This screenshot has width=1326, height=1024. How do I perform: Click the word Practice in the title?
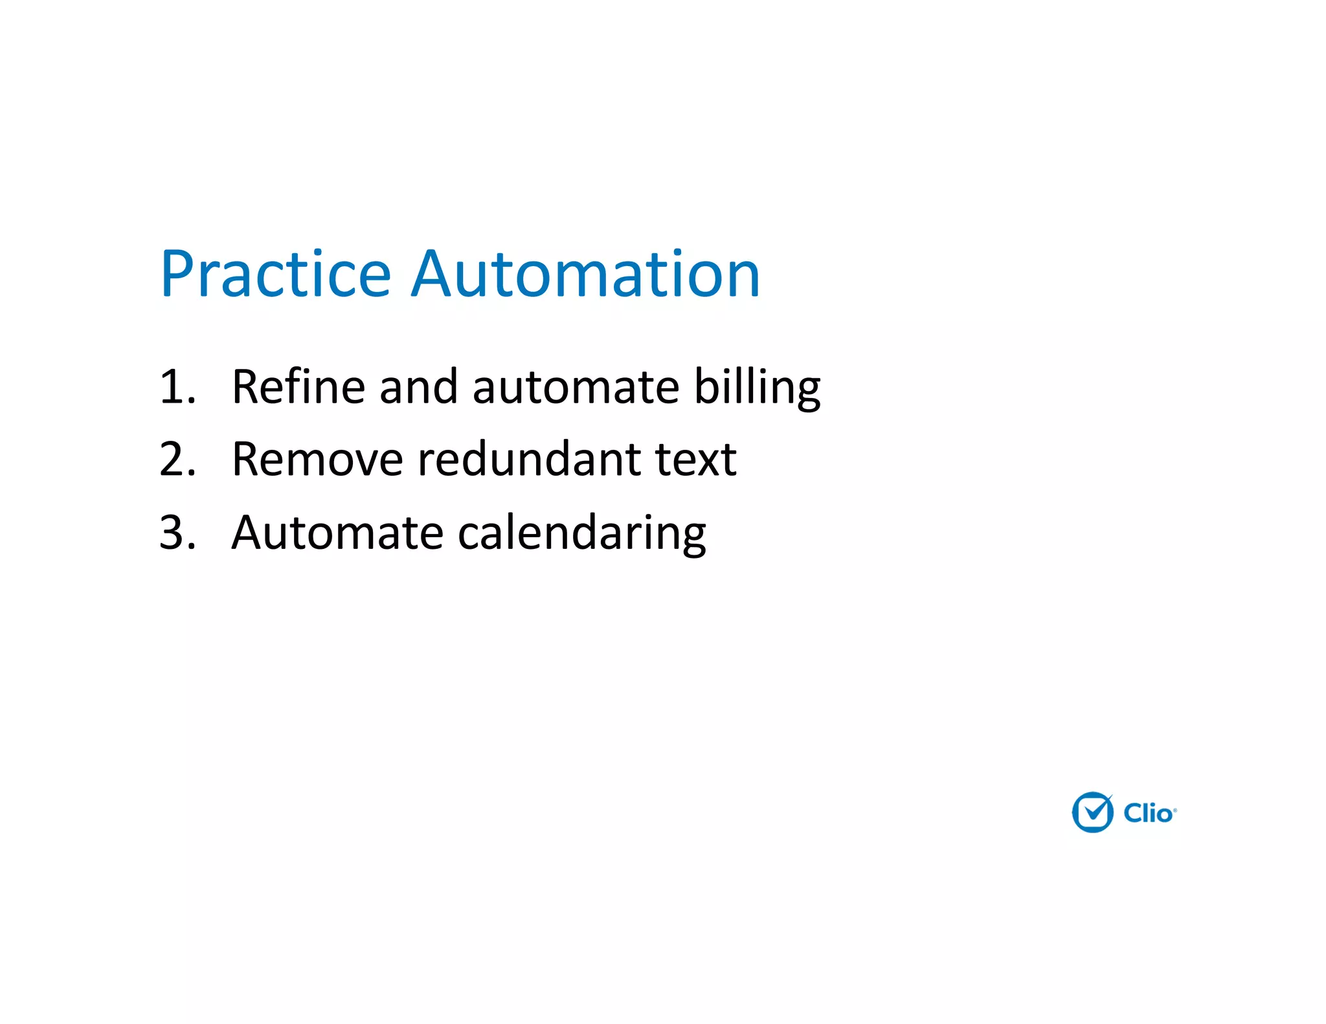click(276, 274)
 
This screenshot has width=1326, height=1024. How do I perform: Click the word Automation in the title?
click(585, 274)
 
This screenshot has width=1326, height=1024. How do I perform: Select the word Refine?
click(298, 387)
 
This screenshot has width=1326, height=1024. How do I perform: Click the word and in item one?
click(418, 387)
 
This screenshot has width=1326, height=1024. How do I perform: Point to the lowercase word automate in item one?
click(576, 387)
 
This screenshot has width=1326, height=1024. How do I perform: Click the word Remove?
click(317, 460)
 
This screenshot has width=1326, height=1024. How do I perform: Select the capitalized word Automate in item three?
click(337, 533)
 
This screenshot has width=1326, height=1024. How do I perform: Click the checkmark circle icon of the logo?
click(1093, 812)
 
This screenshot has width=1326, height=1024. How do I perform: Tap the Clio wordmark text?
click(1147, 814)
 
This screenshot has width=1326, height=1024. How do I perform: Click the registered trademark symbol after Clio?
click(1175, 810)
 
